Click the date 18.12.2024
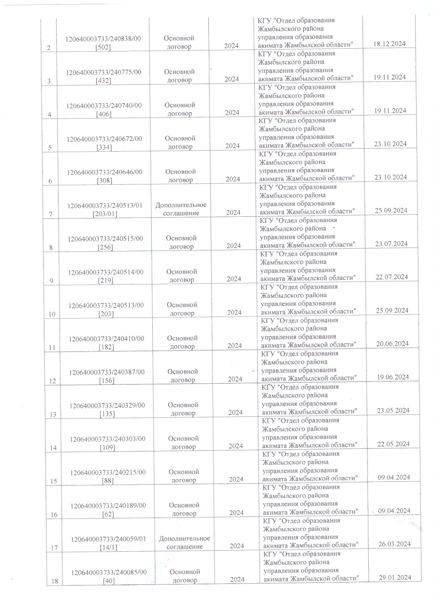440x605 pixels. [389, 44]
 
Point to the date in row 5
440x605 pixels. [390, 144]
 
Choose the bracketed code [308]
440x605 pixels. [105, 180]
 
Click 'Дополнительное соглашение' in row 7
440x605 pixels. [181, 209]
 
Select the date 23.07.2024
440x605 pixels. [391, 244]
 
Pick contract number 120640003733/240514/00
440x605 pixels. [106, 272]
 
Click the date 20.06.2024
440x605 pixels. [392, 344]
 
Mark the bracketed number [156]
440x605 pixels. [107, 380]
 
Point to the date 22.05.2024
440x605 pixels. [393, 444]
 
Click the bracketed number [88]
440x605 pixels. [108, 480]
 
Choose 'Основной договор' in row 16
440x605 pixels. [184, 509]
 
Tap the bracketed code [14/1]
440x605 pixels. [109, 547]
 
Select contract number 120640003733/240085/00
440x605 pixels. [109, 572]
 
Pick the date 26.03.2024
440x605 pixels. [394, 544]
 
